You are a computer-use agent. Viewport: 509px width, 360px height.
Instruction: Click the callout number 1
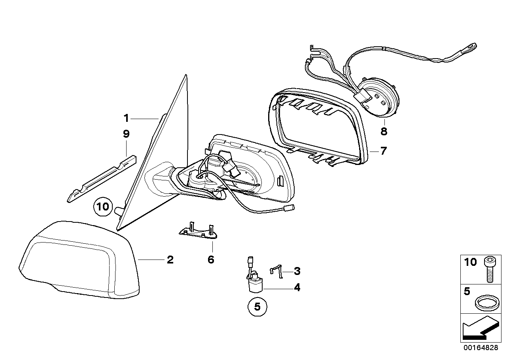(x=126, y=118)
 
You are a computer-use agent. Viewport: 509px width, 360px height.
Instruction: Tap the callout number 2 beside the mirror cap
(x=170, y=260)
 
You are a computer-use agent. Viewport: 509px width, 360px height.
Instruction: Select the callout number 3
(x=297, y=271)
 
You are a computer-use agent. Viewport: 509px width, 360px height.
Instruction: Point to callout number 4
(x=297, y=288)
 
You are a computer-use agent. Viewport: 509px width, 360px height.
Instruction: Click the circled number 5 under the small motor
(x=257, y=308)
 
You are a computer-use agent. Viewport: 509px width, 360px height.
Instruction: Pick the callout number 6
(x=211, y=260)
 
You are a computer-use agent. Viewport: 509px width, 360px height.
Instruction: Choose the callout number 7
(x=383, y=151)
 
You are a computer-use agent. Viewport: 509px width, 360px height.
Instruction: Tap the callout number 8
(x=384, y=131)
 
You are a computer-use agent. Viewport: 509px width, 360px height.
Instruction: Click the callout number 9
(x=126, y=134)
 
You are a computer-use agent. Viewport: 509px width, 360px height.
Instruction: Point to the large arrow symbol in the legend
(x=479, y=328)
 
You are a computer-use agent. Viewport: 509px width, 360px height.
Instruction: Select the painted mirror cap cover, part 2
(x=79, y=261)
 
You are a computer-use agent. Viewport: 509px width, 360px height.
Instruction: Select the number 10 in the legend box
(x=471, y=262)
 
